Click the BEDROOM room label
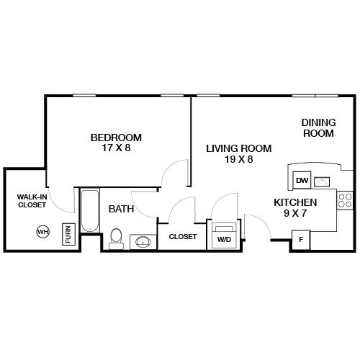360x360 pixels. [116, 138]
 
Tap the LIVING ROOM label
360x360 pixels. [238, 148]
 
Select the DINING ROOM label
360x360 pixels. [318, 127]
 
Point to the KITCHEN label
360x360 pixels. [295, 202]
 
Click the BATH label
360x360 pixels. [120, 209]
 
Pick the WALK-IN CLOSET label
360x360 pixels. [32, 200]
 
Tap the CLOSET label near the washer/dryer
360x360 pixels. [183, 236]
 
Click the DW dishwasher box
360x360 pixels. [302, 180]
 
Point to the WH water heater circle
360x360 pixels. [43, 232]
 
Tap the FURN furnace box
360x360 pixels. [68, 234]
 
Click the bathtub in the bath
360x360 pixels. [90, 211]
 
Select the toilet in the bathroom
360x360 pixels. [116, 237]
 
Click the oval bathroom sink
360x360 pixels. [143, 241]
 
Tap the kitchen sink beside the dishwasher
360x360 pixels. [322, 179]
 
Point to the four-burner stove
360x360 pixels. [345, 200]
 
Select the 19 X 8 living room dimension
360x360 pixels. [238, 159]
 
